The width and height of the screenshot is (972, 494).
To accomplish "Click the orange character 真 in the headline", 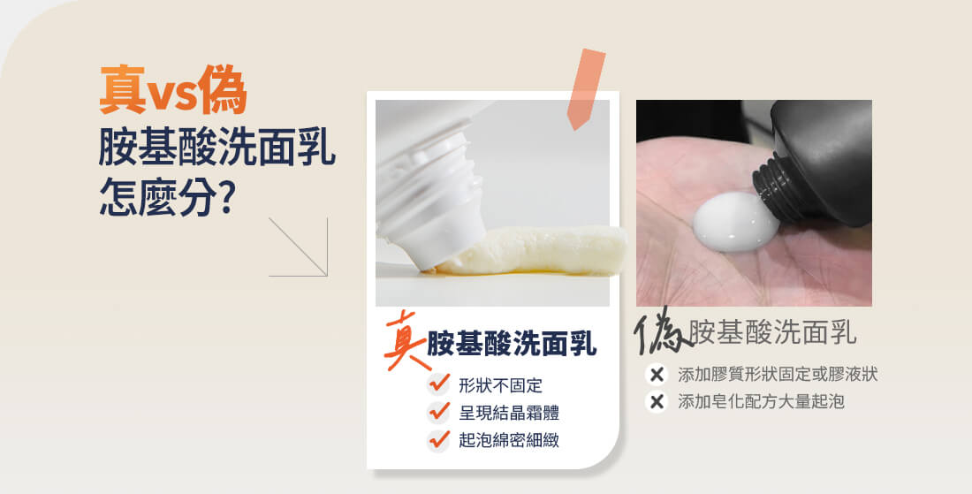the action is (x=123, y=90).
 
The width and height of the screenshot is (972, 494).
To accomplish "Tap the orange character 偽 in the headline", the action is (x=223, y=90).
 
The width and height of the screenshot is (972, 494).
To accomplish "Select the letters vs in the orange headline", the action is (x=172, y=95).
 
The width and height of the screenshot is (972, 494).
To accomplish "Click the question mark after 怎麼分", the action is (x=227, y=196).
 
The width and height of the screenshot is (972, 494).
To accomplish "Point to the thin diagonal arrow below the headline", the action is (x=298, y=247).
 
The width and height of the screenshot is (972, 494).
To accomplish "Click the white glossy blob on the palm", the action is (x=735, y=221).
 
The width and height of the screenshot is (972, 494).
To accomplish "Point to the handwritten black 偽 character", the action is (x=661, y=331).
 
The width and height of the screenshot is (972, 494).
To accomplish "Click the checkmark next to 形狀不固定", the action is (x=439, y=384).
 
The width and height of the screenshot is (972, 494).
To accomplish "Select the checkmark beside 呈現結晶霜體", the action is (x=439, y=412).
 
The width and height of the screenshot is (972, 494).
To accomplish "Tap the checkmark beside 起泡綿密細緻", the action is (x=439, y=440).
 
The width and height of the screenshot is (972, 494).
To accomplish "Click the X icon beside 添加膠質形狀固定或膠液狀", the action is (x=657, y=375).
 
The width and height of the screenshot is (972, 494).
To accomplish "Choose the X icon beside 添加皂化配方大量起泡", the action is (x=657, y=401).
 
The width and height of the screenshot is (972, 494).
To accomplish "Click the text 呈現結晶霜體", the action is (x=509, y=413).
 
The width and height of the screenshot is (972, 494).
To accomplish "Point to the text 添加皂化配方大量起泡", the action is (x=761, y=401).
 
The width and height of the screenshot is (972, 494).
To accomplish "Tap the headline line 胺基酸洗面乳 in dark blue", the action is (x=217, y=148).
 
